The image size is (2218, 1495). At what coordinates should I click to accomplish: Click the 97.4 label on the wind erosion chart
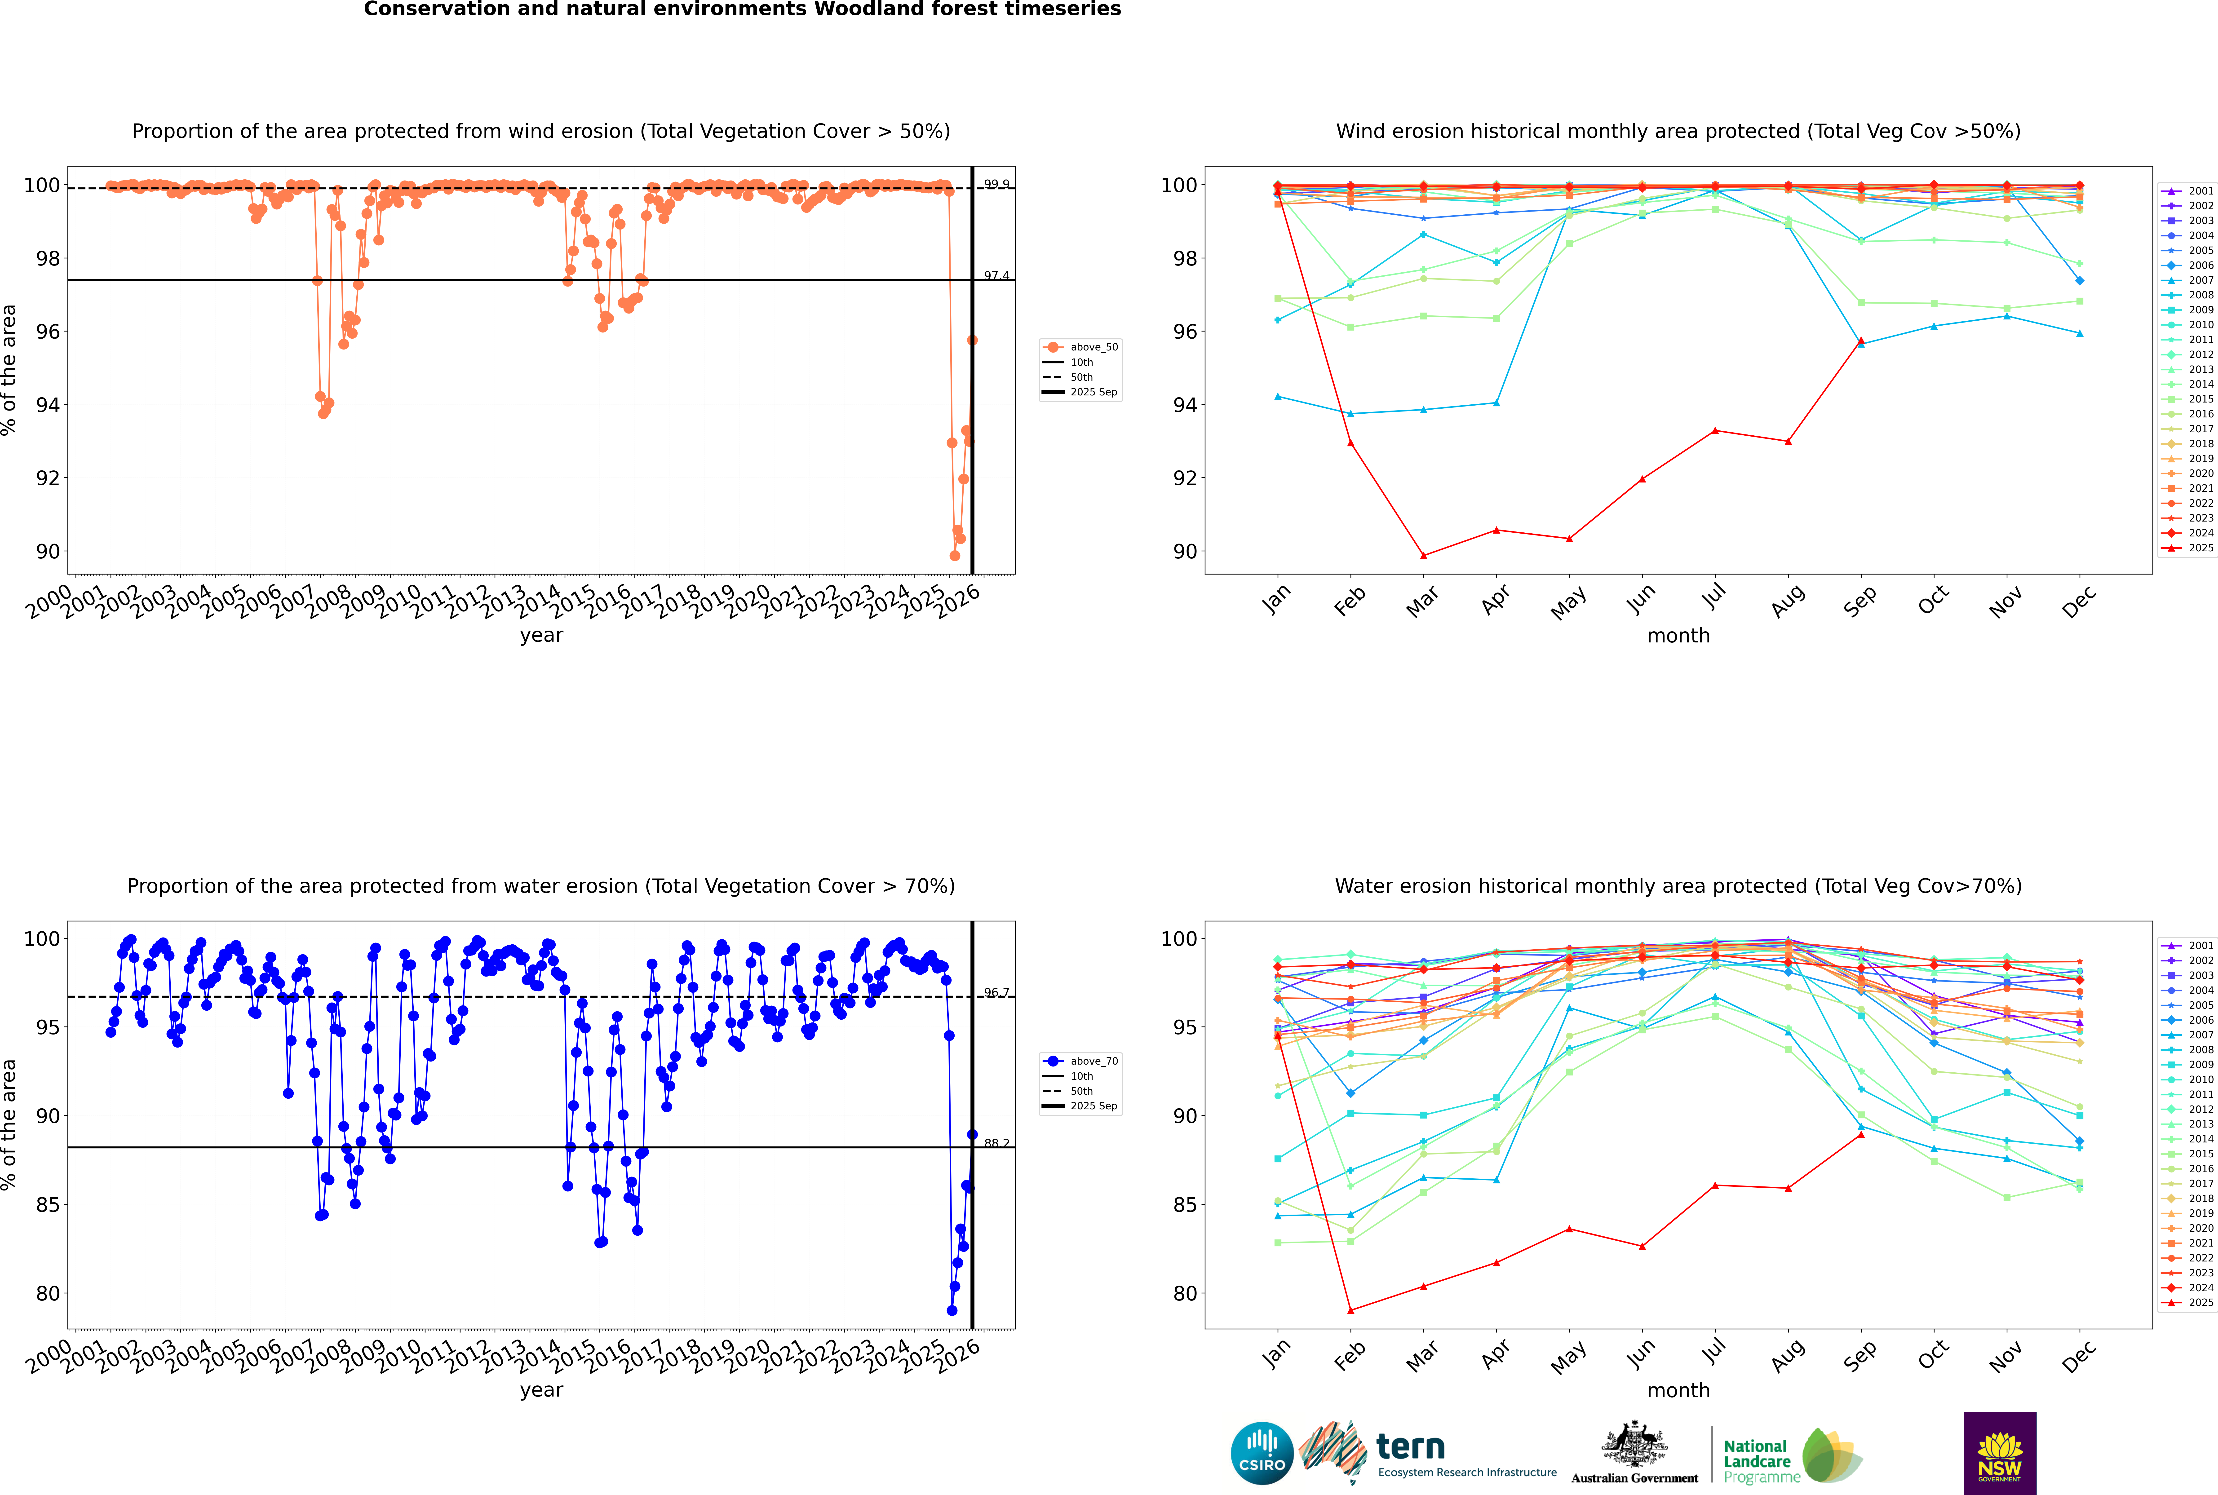pos(996,275)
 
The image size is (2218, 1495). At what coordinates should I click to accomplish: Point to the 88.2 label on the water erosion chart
pos(996,1143)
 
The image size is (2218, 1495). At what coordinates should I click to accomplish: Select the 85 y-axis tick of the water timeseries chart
pos(48,1205)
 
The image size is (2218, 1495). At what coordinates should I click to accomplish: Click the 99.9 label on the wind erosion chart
pos(996,184)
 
